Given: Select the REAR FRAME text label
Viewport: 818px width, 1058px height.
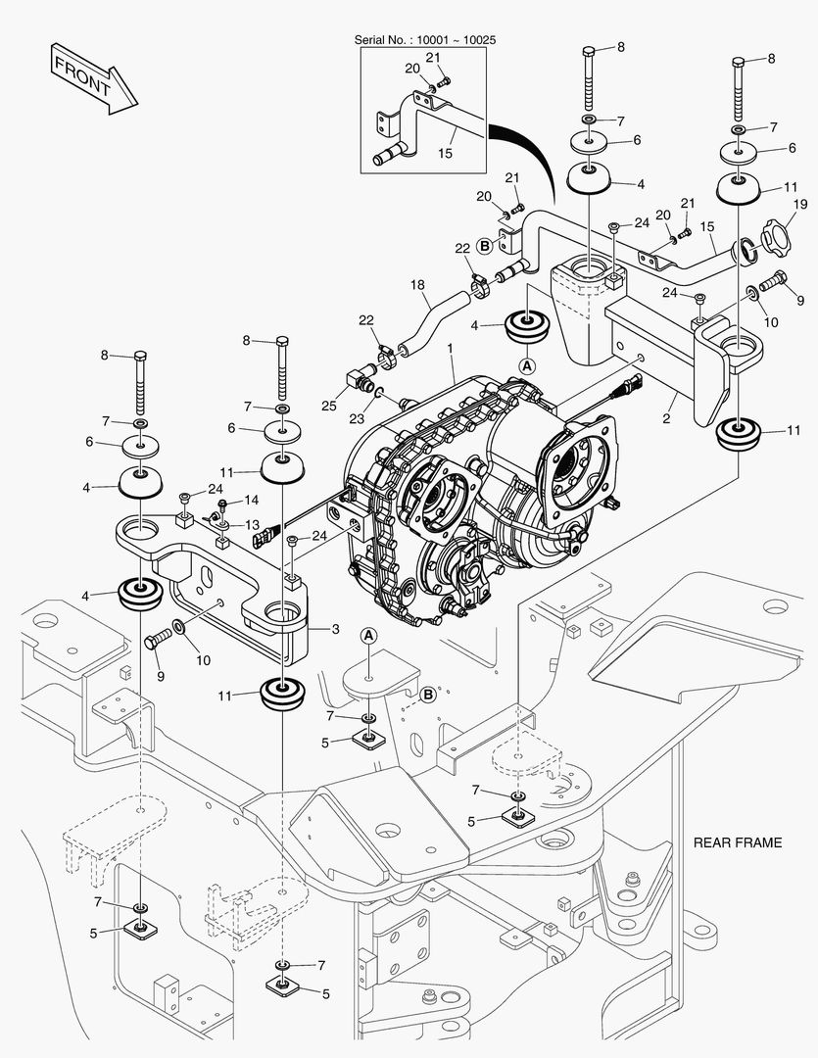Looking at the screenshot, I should point(737,842).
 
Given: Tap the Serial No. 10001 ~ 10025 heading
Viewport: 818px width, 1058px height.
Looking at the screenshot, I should point(424,40).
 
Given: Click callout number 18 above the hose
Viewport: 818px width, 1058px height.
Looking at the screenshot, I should point(418,285).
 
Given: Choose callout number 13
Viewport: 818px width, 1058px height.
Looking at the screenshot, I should point(252,524).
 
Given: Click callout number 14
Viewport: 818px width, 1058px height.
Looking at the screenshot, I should point(252,501).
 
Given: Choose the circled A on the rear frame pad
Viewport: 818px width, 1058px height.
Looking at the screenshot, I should point(369,636).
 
